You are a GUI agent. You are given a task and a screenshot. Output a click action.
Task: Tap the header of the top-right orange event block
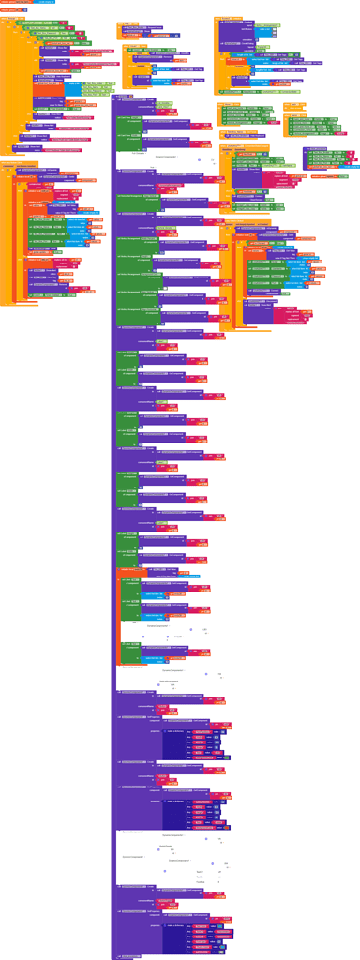(230, 18)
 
